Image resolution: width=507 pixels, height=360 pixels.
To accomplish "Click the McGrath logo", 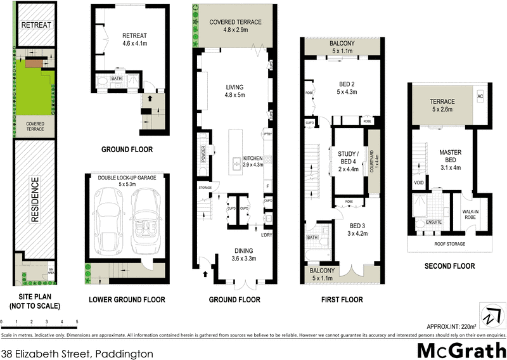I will coord(461,351).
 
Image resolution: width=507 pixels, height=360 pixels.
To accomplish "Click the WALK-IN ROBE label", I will coord(470,216).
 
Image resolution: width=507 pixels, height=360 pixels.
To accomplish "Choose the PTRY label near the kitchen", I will coord(267,134).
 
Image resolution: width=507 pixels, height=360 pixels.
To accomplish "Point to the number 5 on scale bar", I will coord(77,322).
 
